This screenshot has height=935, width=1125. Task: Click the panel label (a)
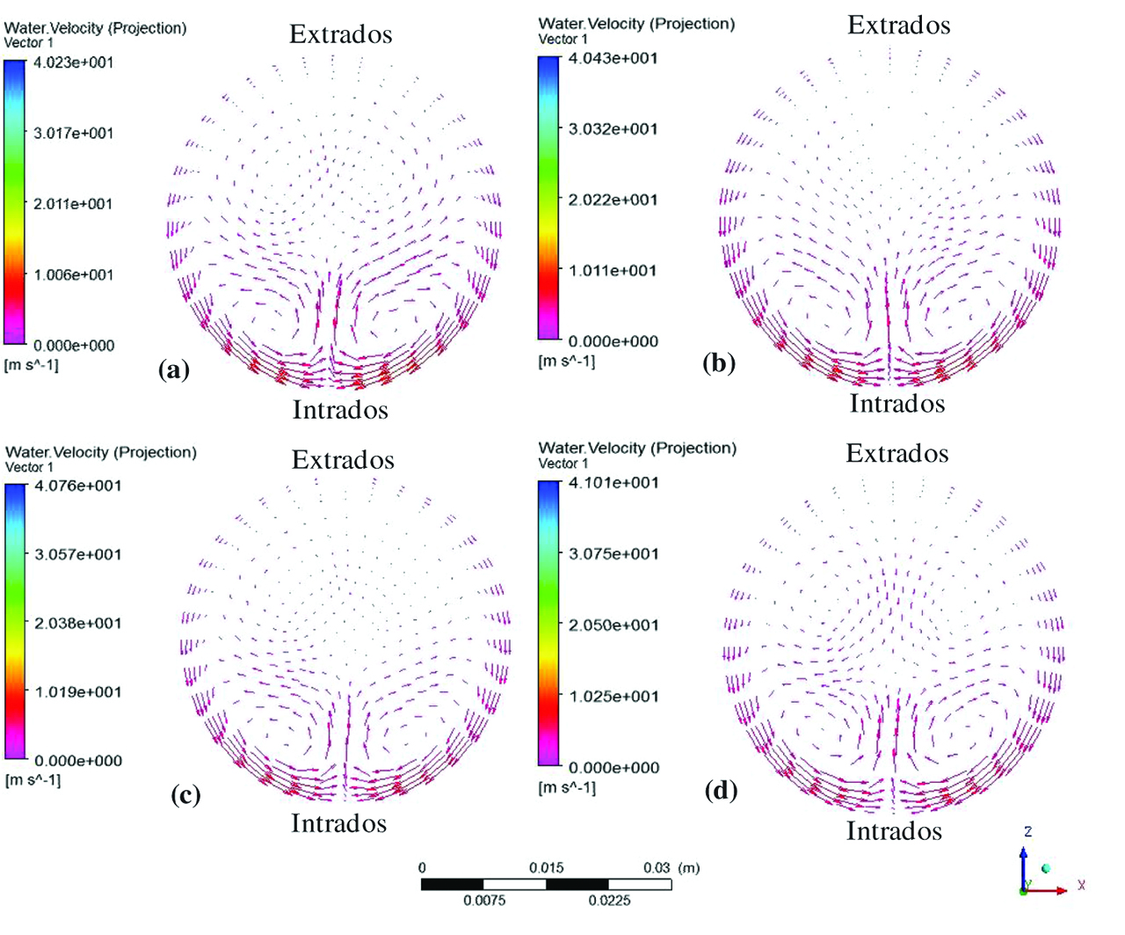173,369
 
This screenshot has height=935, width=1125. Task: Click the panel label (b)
718,362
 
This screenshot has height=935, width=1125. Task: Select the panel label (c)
185,794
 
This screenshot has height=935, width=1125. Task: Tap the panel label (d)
721,790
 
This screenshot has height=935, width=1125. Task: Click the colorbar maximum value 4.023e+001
73,62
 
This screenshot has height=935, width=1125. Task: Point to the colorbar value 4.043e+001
613,58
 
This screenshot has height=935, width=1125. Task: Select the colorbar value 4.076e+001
77,486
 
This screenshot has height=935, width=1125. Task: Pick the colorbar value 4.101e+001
613,482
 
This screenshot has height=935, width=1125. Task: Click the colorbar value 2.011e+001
73,204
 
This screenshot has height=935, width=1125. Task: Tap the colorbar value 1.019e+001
77,691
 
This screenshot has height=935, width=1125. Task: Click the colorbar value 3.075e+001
613,553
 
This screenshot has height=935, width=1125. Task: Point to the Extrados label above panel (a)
340,34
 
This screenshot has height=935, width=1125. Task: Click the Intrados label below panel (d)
894,830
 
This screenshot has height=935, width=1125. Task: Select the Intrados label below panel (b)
897,403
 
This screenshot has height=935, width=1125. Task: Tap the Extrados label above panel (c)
343,459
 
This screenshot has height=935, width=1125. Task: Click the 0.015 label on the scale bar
546,867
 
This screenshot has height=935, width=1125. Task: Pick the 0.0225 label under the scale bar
609,900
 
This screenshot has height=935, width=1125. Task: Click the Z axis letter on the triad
1027,831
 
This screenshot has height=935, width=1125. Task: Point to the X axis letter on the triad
1081,885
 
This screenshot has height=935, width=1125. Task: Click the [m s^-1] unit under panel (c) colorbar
33,780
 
